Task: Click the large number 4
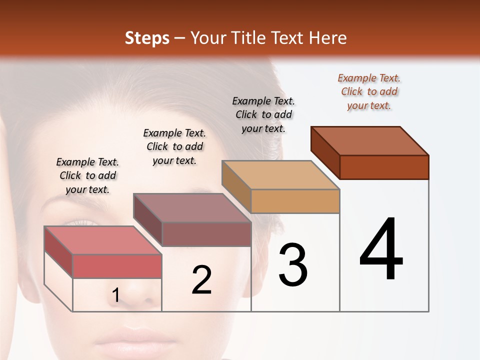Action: pyautogui.click(x=381, y=249)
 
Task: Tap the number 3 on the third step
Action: pyautogui.click(x=292, y=264)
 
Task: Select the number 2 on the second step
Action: pyautogui.click(x=201, y=279)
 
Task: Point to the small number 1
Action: pyautogui.click(x=115, y=295)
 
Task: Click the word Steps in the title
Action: pyautogui.click(x=147, y=38)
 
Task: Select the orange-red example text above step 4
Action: pyautogui.click(x=369, y=92)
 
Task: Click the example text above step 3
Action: pyautogui.click(x=263, y=114)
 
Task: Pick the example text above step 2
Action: pyautogui.click(x=174, y=146)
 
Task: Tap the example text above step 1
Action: pyautogui.click(x=87, y=175)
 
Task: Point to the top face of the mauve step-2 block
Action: pyautogui.click(x=192, y=208)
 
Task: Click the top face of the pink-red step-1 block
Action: pyautogui.click(x=103, y=240)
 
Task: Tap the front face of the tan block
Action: pyautogui.click(x=295, y=201)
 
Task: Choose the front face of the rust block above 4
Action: pyautogui.click(x=384, y=167)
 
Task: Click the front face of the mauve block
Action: pyautogui.click(x=206, y=234)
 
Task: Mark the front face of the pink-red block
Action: pyautogui.click(x=117, y=266)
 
